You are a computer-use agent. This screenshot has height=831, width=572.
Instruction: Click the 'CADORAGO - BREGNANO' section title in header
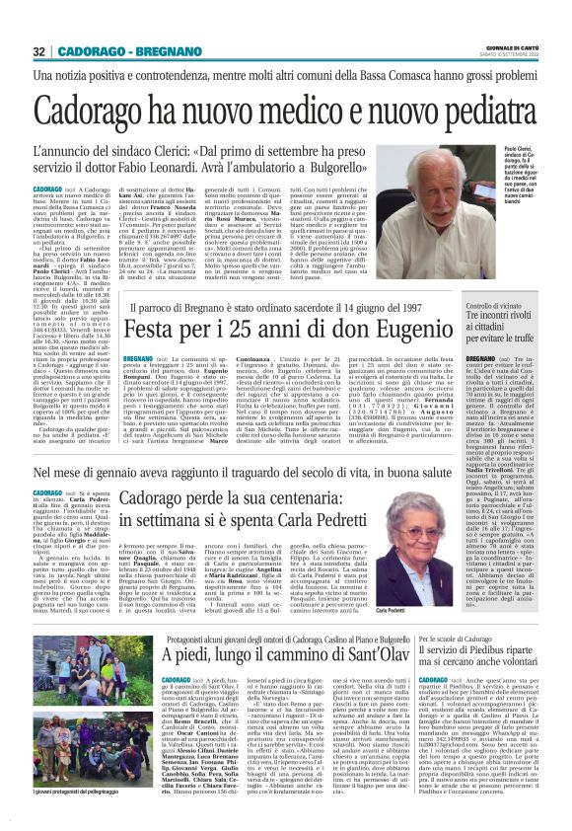(117, 51)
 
